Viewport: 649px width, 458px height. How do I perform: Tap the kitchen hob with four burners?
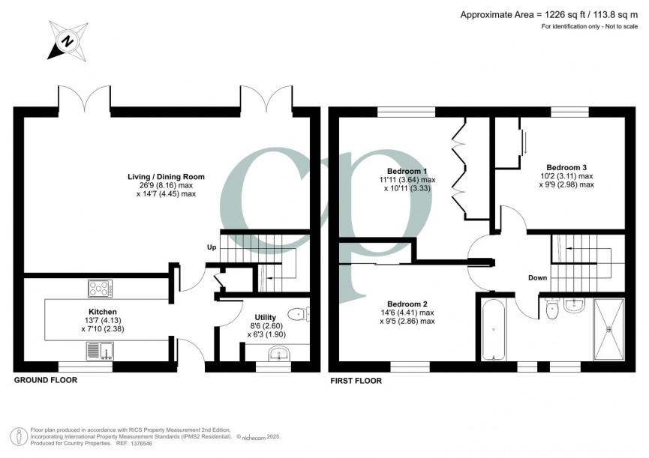point(101,288)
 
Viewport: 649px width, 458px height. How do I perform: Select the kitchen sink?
point(100,349)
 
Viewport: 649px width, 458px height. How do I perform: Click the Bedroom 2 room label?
point(407,304)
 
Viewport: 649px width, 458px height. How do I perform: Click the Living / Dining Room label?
point(166,177)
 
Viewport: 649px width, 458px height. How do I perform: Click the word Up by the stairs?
point(212,247)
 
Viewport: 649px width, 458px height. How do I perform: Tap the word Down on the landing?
point(537,278)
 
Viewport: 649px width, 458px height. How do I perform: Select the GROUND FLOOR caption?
point(45,381)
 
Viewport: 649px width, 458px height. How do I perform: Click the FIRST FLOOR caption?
point(356,381)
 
